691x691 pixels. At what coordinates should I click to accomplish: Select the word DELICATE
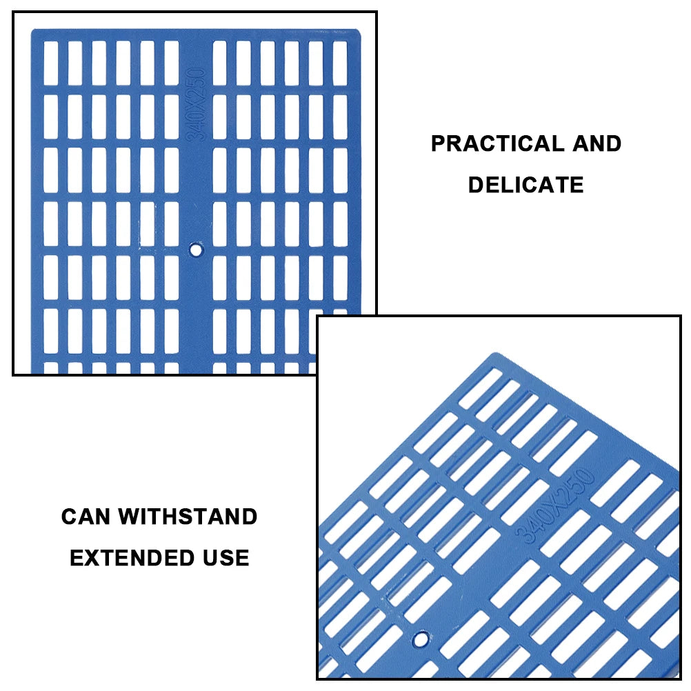pyautogui.click(x=525, y=185)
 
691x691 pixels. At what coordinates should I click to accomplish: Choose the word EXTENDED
pyautogui.click(x=121, y=557)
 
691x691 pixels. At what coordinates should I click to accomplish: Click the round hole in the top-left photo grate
pyautogui.click(x=197, y=249)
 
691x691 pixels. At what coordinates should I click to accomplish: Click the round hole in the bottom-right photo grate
pyautogui.click(x=419, y=639)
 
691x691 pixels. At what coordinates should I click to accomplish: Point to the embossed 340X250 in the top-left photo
pyautogui.click(x=197, y=104)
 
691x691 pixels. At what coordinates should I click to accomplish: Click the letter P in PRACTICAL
pyautogui.click(x=438, y=143)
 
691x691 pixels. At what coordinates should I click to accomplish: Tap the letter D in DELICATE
pyautogui.click(x=476, y=185)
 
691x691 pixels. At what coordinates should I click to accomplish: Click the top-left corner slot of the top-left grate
pyautogui.click(x=51, y=63)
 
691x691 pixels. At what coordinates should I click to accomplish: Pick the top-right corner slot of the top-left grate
pyautogui.click(x=340, y=63)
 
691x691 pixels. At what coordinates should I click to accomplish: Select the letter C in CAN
pyautogui.click(x=68, y=517)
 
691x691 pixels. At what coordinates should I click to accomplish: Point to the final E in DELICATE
pyautogui.click(x=577, y=185)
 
